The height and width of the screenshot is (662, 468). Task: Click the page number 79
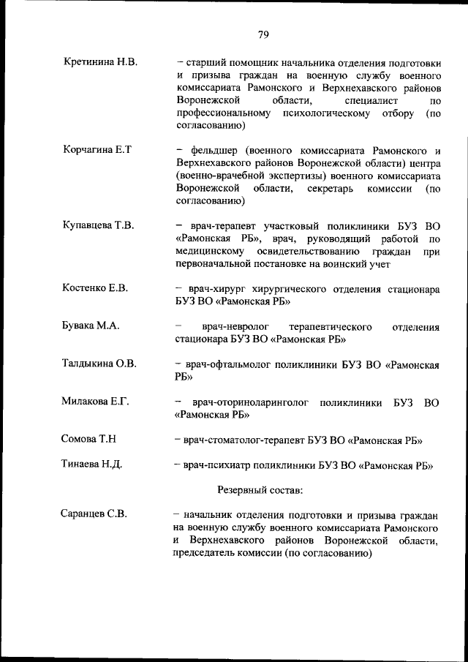pos(264,33)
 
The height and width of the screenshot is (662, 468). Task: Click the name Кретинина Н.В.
pos(101,63)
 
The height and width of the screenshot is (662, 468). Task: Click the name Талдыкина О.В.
pos(100,363)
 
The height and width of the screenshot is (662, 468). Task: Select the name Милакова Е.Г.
pos(97,401)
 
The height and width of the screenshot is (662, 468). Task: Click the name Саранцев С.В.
pos(94,514)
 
